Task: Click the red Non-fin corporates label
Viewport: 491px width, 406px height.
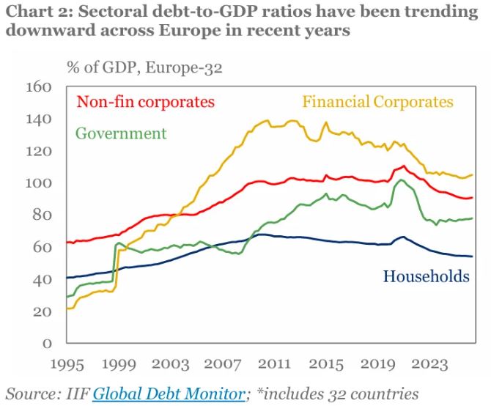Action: (146, 102)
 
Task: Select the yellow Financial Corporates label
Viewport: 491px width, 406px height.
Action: (377, 102)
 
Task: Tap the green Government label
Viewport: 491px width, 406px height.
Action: (121, 133)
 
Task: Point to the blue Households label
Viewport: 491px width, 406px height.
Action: (427, 276)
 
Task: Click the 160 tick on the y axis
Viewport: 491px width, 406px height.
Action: (39, 87)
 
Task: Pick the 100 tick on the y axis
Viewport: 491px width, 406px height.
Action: (39, 183)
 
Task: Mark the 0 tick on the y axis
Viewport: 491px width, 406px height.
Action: (47, 344)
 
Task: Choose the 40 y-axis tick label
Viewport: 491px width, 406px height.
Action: (42, 279)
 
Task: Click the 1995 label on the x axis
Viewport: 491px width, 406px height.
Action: (67, 364)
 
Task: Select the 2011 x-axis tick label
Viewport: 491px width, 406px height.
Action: (274, 364)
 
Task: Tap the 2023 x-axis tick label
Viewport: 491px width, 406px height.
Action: (429, 364)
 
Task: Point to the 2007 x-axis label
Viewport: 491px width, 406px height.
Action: (223, 364)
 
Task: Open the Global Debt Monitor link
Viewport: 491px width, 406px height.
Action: (169, 394)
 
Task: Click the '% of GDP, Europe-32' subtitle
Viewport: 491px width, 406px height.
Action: (144, 67)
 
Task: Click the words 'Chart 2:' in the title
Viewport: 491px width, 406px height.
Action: (39, 12)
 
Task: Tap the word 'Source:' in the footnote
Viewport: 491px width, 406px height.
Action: (33, 394)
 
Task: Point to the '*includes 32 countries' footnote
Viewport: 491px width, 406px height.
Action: (338, 394)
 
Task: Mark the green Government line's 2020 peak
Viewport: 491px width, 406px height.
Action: (401, 180)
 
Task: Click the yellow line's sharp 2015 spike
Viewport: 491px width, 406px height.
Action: (326, 122)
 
